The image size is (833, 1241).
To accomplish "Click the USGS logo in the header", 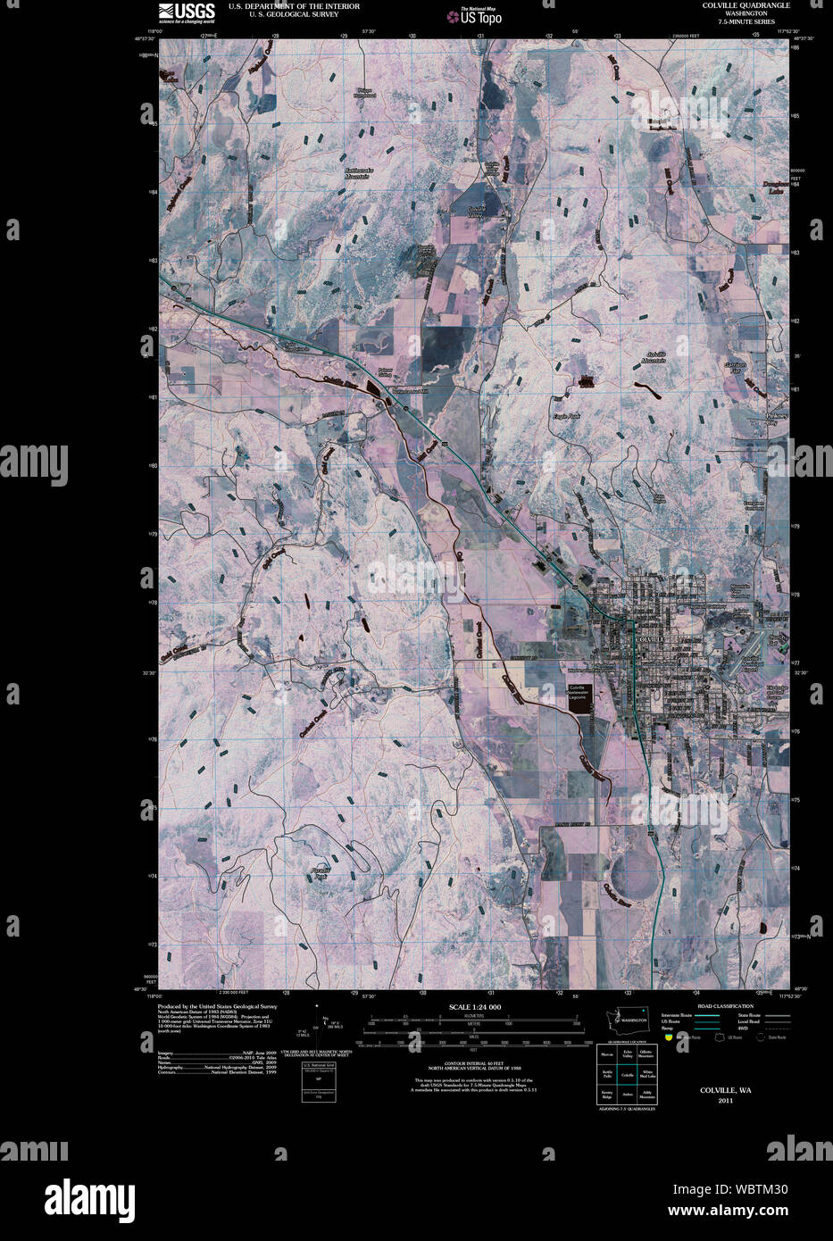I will pos(187,11).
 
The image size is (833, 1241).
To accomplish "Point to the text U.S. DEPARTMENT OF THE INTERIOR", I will pos(282,5).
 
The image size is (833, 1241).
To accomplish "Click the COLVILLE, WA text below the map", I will pos(725,1090).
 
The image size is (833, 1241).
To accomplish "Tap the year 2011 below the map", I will pos(725,1100).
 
